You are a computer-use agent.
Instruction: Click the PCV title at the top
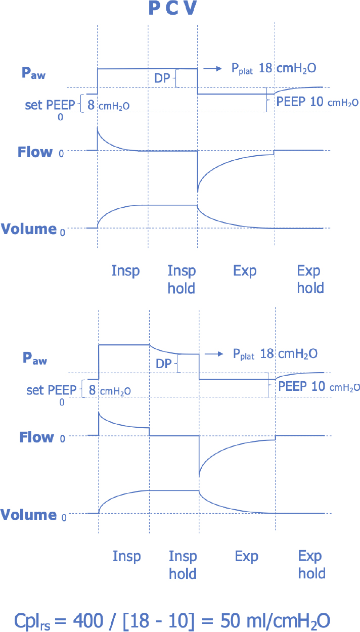(172, 9)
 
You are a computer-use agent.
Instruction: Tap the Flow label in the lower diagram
(36, 437)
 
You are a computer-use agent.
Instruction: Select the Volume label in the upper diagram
(28, 229)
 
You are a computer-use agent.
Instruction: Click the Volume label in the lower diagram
(28, 515)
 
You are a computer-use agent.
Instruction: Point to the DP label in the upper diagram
(162, 78)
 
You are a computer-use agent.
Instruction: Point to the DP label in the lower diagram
(164, 364)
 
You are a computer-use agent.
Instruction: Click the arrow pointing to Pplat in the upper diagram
(212, 68)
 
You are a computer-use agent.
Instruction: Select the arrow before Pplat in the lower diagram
(213, 353)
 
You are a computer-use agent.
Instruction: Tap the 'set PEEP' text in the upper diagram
(50, 105)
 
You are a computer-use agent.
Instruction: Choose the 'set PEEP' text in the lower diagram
(51, 390)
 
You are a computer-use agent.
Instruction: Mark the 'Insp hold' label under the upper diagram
(181, 279)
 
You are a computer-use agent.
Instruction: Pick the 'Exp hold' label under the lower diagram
(311, 565)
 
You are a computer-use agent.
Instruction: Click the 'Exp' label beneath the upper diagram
(245, 271)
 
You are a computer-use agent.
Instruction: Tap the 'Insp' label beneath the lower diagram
(126, 557)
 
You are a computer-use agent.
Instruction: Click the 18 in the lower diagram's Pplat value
(267, 353)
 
